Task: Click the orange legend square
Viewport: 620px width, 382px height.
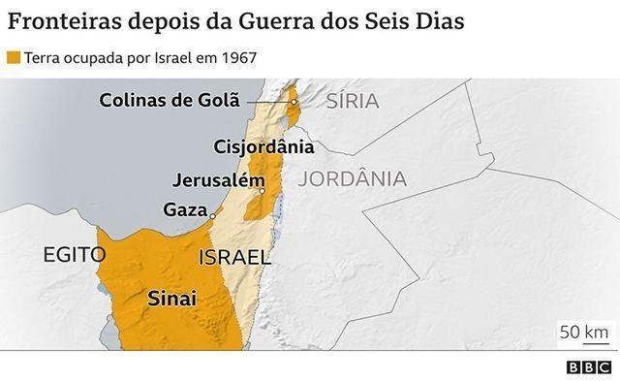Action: coord(13,57)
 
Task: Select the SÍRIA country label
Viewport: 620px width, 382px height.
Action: coord(353,101)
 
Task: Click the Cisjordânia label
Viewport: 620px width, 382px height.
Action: coord(263,147)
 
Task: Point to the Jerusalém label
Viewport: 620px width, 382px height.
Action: coord(218,180)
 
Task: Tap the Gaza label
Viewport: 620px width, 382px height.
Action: coord(185,209)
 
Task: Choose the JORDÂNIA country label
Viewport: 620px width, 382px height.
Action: coord(353,179)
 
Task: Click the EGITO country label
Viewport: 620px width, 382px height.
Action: coord(73,255)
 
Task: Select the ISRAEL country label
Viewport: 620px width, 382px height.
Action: coord(233,258)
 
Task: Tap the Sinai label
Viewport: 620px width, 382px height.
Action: coord(171,300)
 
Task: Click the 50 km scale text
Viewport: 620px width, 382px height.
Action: coord(583,332)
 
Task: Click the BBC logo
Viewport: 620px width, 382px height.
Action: coord(588,367)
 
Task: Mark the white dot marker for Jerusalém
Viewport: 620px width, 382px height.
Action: coord(262,192)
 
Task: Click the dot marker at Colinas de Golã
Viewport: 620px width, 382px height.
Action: coord(294,101)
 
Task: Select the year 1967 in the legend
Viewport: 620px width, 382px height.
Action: coord(236,57)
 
